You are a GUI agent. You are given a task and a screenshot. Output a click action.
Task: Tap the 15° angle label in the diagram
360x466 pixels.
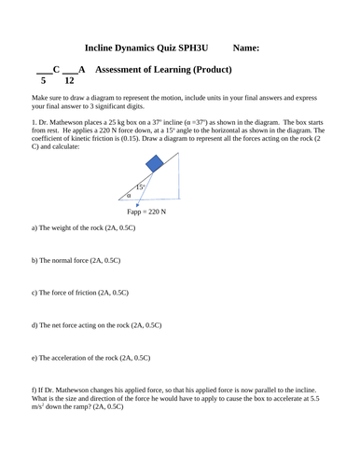click(x=140, y=186)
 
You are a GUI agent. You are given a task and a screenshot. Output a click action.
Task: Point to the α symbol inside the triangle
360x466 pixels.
click(x=130, y=196)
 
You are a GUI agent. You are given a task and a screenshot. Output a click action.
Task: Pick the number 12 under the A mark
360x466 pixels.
click(x=69, y=81)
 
